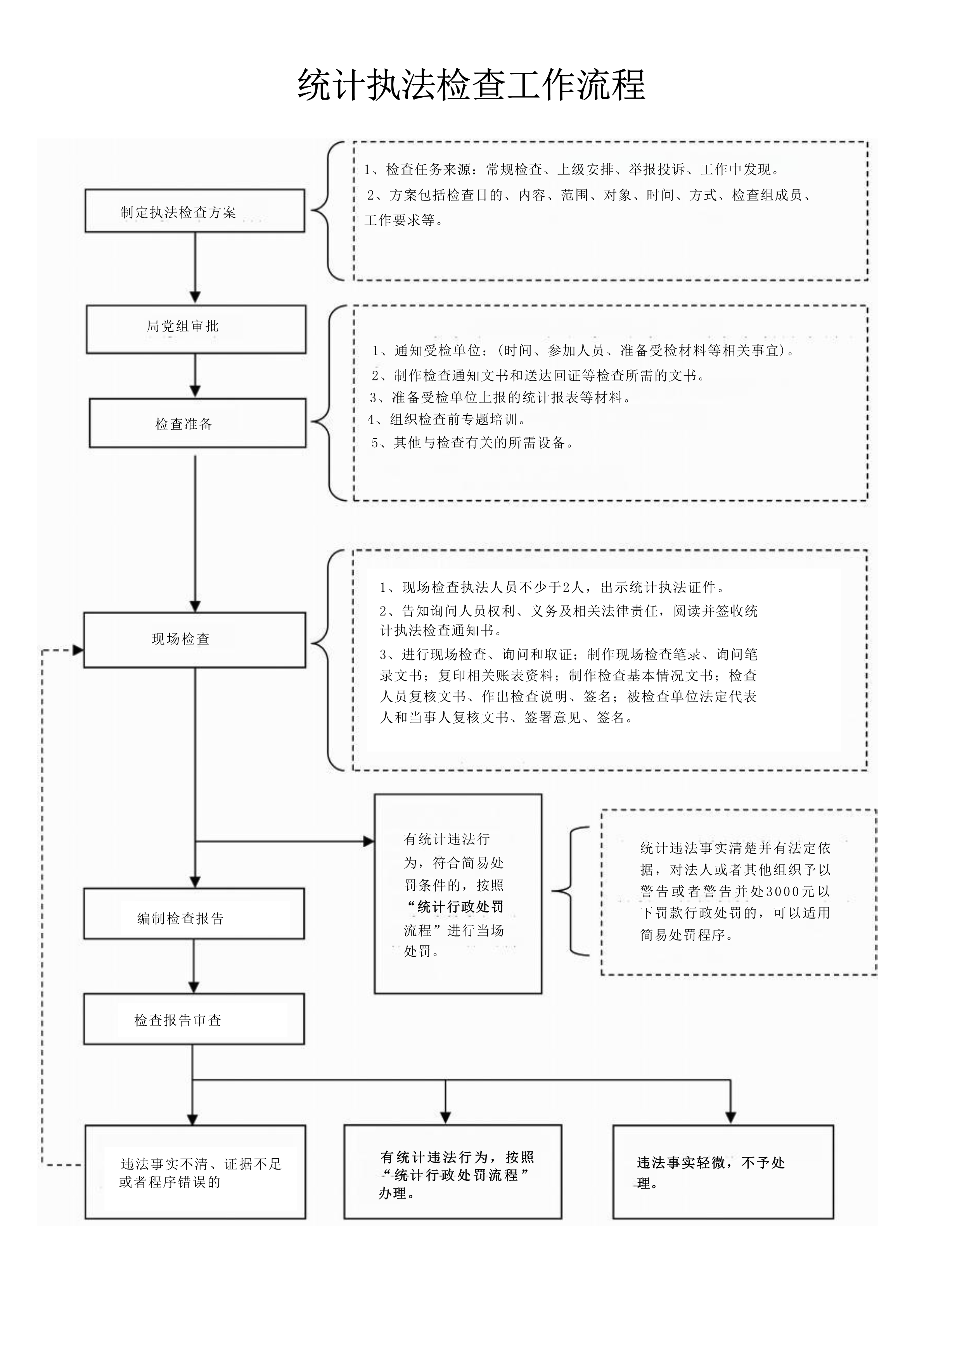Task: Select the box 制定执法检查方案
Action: pos(194,211)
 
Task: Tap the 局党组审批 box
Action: pos(196,329)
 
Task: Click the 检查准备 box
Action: pos(197,423)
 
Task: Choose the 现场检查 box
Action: pos(194,640)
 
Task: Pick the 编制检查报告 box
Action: pos(194,913)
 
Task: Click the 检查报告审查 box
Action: pos(194,1019)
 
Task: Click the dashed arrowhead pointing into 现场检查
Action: pos(78,650)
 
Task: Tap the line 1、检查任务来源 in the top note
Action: pos(572,169)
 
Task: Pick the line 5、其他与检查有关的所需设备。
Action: pos(472,442)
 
